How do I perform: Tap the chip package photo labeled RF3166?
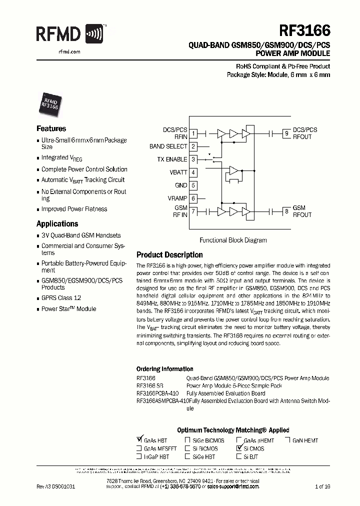click(x=49, y=102)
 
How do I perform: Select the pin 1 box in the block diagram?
click(x=193, y=133)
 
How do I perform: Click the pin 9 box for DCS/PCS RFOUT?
click(x=286, y=133)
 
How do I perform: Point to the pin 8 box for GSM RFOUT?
click(x=286, y=211)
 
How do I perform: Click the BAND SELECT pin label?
click(x=168, y=146)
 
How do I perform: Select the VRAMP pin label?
click(x=177, y=198)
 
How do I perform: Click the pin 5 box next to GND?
click(x=193, y=185)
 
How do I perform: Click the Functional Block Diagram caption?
click(x=233, y=240)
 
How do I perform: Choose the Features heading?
click(x=51, y=128)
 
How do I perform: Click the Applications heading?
click(x=57, y=224)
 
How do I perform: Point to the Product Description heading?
click(x=169, y=255)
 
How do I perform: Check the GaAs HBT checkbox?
click(x=139, y=440)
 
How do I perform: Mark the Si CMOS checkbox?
click(x=238, y=448)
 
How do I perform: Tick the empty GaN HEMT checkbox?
click(x=288, y=440)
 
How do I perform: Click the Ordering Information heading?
click(x=164, y=369)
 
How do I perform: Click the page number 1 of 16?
click(x=323, y=486)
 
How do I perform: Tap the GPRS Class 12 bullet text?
click(x=61, y=298)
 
